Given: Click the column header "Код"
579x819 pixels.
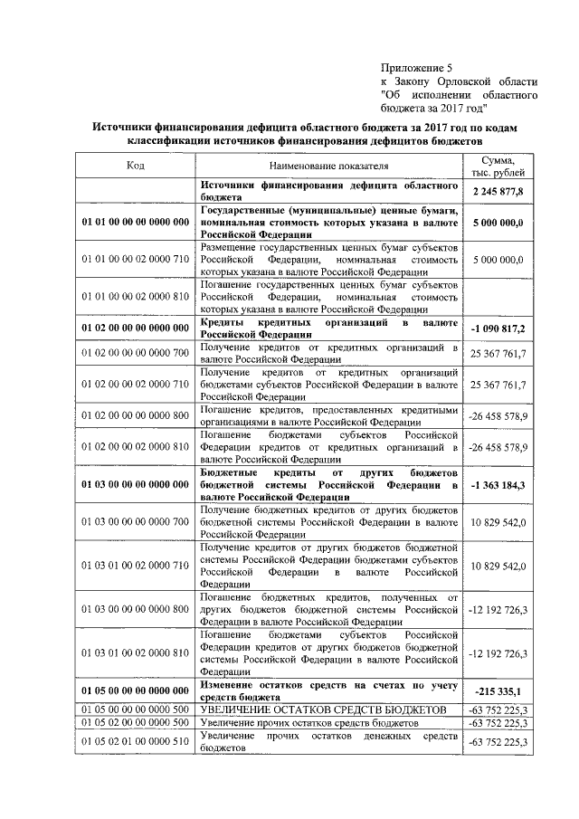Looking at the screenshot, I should click(135, 166).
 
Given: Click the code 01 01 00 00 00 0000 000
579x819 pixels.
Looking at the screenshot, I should click(135, 222).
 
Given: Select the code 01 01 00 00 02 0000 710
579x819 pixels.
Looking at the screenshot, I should click(135, 259).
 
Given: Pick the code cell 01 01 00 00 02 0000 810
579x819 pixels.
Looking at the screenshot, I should click(135, 295).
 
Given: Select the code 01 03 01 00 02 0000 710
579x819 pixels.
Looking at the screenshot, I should click(135, 566).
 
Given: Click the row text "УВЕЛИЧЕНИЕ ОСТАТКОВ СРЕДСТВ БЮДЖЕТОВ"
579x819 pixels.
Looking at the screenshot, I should click(323, 709).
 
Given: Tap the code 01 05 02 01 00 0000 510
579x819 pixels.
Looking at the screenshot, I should click(135, 742).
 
